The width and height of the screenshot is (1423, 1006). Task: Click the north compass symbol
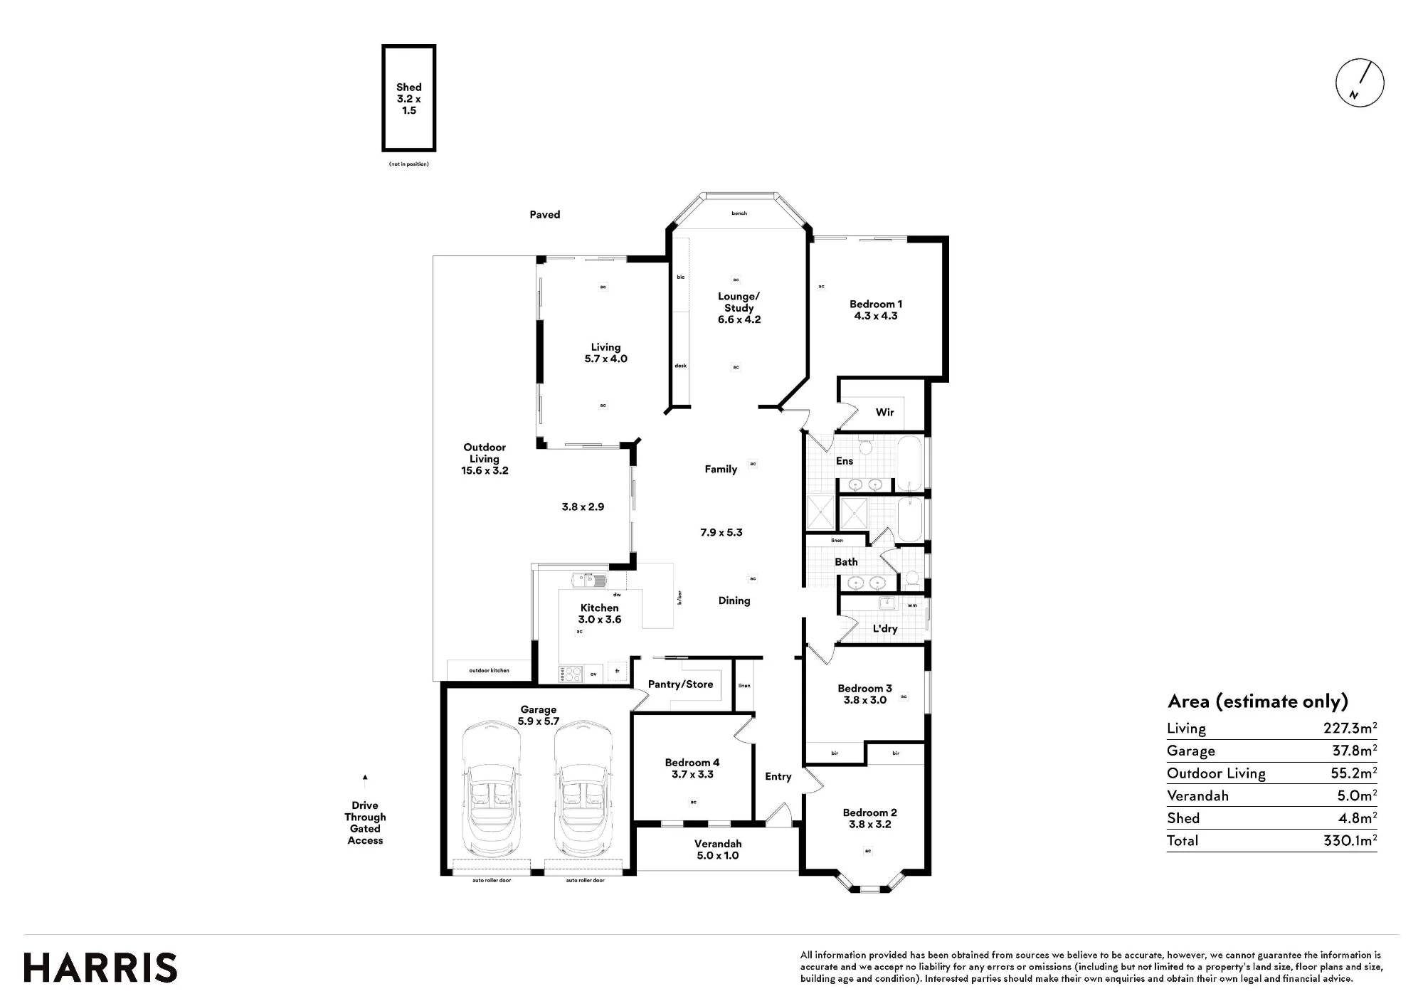pyautogui.click(x=1360, y=83)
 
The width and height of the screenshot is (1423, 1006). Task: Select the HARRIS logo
pyautogui.click(x=100, y=968)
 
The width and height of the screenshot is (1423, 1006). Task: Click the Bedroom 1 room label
pyautogui.click(x=876, y=310)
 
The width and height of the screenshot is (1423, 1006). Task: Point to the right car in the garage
pyautogui.click(x=583, y=790)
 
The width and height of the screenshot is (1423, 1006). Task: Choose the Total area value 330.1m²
pyautogui.click(x=1350, y=840)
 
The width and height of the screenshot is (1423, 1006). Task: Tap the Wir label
pyautogui.click(x=885, y=413)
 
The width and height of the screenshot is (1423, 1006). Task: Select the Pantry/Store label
pyautogui.click(x=680, y=684)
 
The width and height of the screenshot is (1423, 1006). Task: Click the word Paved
pyautogui.click(x=545, y=214)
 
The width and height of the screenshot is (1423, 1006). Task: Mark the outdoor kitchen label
pyautogui.click(x=489, y=670)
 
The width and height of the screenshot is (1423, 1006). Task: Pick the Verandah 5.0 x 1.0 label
pyautogui.click(x=718, y=849)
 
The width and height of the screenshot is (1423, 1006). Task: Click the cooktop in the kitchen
pyautogui.click(x=571, y=673)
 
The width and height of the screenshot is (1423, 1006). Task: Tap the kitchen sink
pyautogui.click(x=588, y=581)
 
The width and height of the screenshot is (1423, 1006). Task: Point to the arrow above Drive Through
pyautogui.click(x=365, y=778)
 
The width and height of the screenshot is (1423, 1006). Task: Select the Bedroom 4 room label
pyautogui.click(x=692, y=768)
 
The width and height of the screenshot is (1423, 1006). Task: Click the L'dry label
pyautogui.click(x=885, y=629)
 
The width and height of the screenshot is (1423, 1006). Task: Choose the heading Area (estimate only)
pyautogui.click(x=1258, y=701)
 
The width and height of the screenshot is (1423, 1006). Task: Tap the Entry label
pyautogui.click(x=778, y=777)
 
